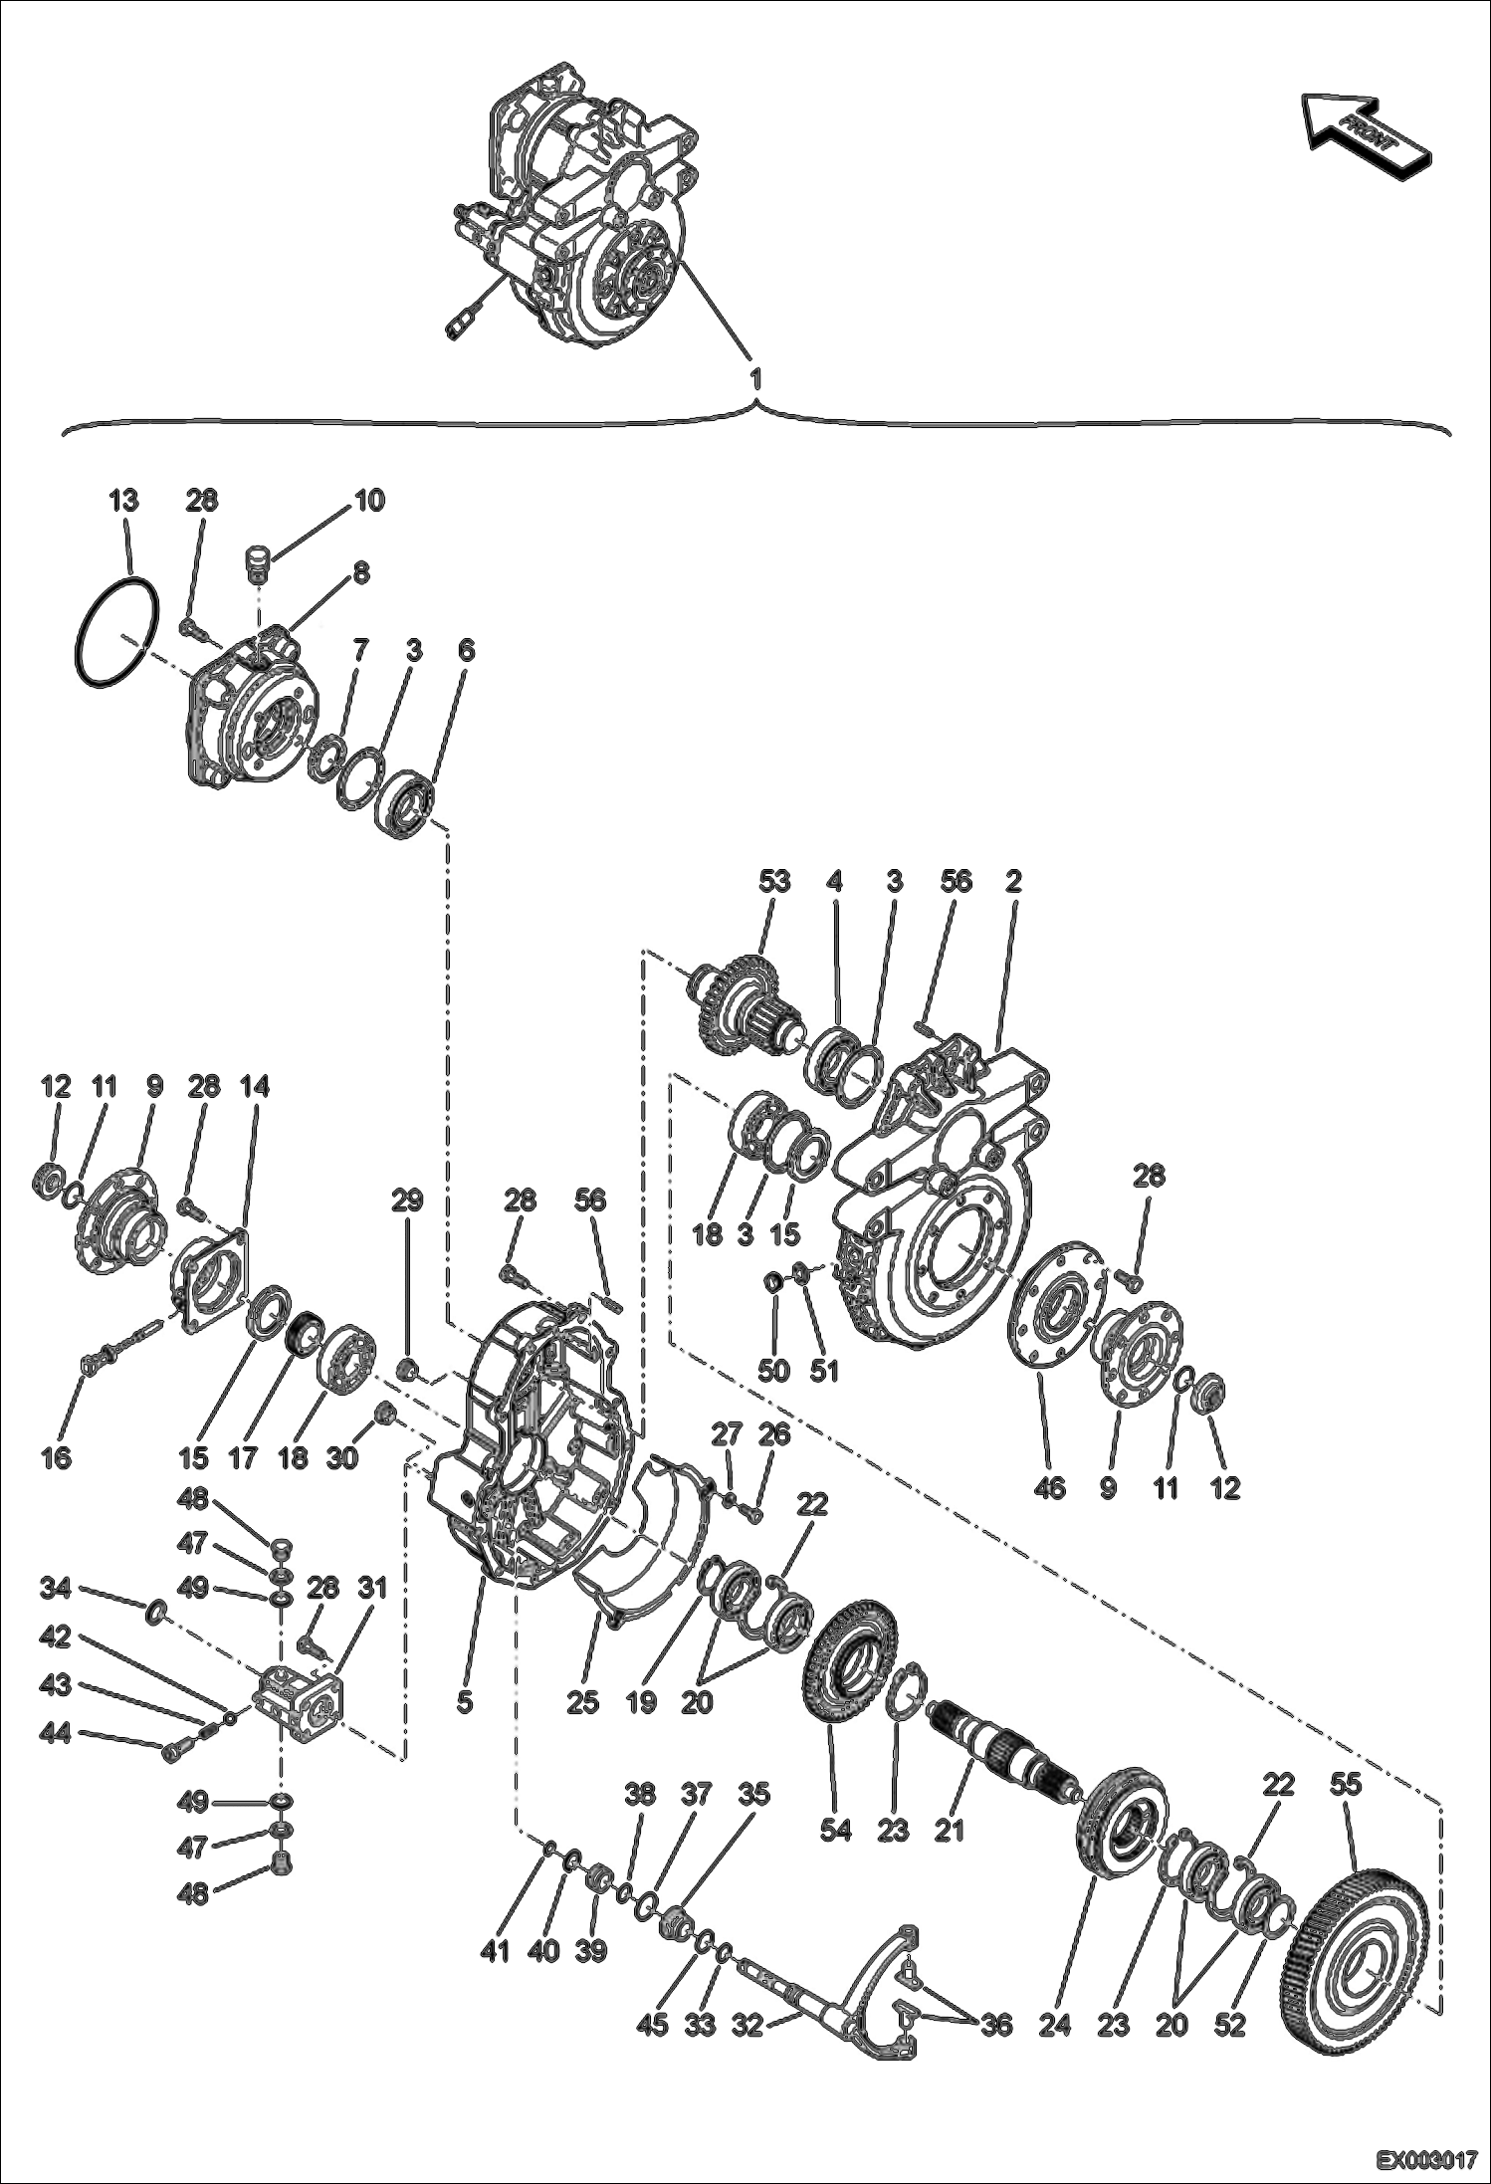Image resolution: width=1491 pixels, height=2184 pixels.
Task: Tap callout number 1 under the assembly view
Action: [755, 379]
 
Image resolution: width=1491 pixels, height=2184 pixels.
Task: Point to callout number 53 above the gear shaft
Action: [773, 881]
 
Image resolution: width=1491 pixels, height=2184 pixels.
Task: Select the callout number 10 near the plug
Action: [368, 500]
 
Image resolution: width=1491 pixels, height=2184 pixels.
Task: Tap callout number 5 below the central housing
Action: [464, 1701]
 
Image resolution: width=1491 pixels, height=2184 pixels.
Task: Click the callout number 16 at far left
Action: [56, 1458]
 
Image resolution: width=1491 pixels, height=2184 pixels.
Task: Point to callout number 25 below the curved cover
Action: [582, 1701]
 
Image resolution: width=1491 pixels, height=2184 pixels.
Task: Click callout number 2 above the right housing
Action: [1013, 881]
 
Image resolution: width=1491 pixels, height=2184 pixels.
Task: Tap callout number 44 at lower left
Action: [56, 1735]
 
